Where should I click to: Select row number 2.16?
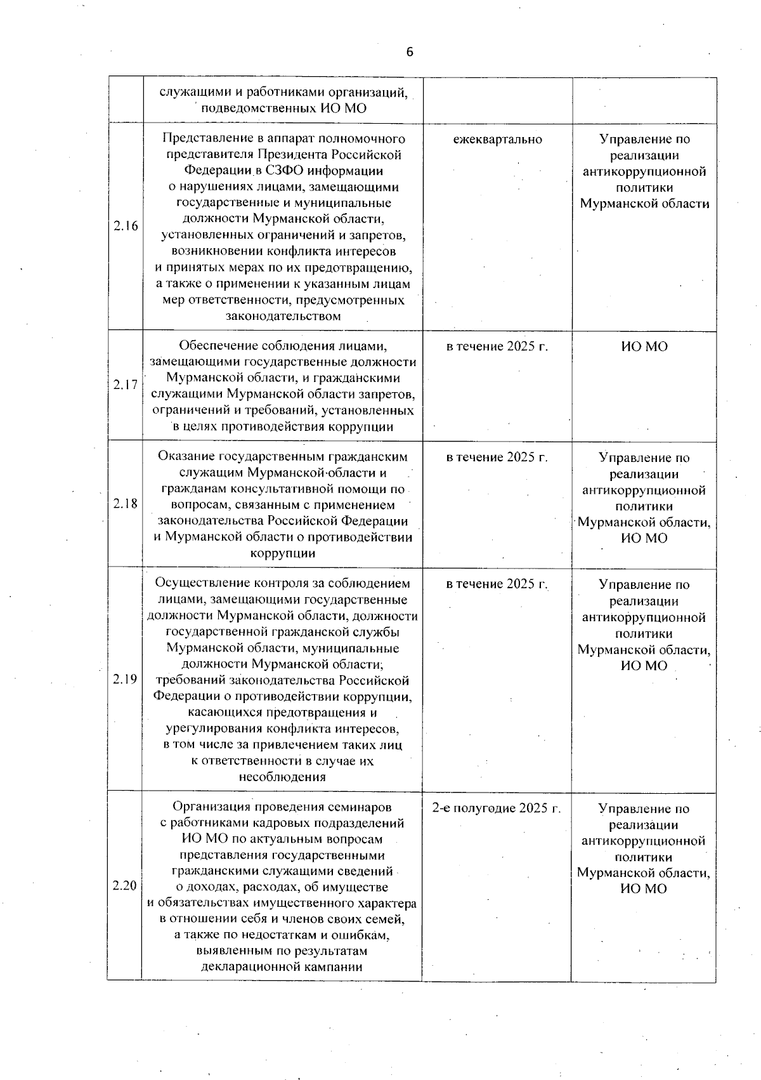point(126,226)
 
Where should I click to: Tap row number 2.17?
point(126,385)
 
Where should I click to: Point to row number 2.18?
point(126,503)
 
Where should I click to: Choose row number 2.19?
point(126,679)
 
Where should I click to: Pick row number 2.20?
point(125,885)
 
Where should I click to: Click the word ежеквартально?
point(498,139)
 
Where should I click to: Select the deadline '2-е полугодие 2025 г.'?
point(497,808)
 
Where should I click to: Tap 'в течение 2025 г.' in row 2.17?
point(497,346)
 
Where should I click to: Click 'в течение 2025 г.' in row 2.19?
point(497,584)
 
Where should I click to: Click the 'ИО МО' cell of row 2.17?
point(644,346)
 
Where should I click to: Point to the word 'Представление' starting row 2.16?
point(201,138)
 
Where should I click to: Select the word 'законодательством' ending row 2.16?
point(283,315)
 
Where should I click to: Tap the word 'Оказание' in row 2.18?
point(186,457)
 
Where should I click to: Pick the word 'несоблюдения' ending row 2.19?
point(283,777)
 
